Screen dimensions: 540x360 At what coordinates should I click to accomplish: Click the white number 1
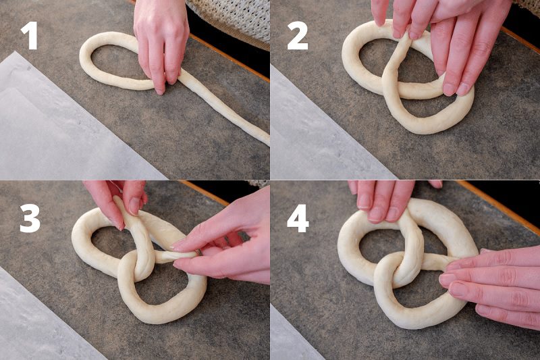click(30, 36)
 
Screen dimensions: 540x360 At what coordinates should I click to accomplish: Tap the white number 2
click(298, 36)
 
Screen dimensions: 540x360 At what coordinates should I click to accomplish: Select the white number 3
click(30, 219)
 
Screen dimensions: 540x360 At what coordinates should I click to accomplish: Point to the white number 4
click(298, 218)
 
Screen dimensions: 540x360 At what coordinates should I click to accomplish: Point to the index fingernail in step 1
click(160, 91)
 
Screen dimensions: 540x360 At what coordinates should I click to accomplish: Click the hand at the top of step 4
click(385, 200)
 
